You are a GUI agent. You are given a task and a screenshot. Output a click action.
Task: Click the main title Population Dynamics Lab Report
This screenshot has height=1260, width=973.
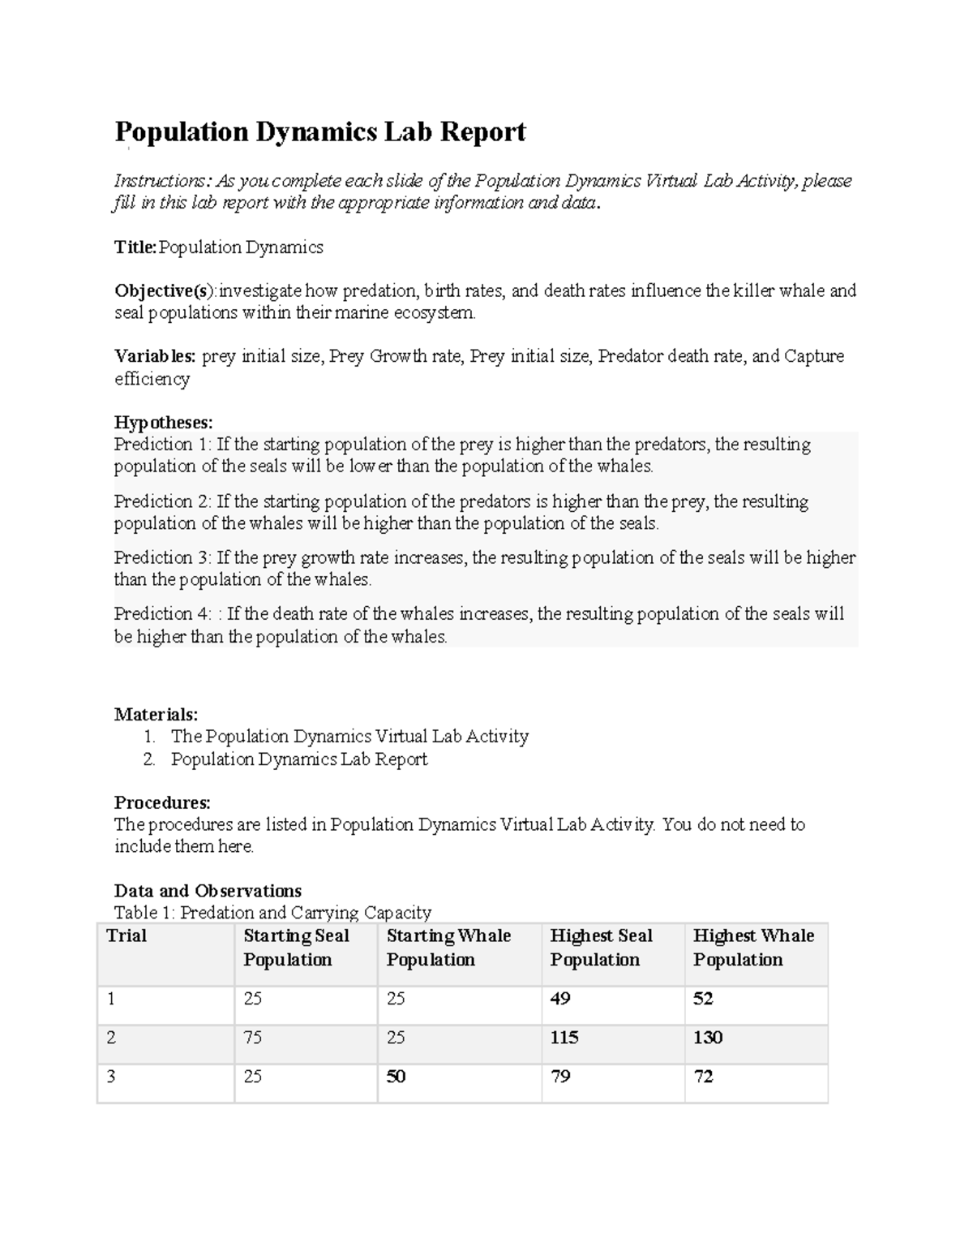click(x=319, y=131)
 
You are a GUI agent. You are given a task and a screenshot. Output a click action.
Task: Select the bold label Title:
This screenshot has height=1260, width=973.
click(x=135, y=247)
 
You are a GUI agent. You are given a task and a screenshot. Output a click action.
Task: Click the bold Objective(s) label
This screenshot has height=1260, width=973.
click(x=165, y=290)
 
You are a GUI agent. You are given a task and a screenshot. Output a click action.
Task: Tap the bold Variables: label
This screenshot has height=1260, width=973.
click(x=155, y=356)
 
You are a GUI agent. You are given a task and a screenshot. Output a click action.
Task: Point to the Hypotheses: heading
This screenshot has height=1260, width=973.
click(x=163, y=422)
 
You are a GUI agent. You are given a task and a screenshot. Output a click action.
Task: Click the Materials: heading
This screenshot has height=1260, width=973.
click(x=156, y=714)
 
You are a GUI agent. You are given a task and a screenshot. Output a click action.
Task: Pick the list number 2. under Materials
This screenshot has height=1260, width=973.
click(x=148, y=759)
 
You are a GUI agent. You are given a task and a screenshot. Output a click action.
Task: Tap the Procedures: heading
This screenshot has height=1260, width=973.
click(x=162, y=802)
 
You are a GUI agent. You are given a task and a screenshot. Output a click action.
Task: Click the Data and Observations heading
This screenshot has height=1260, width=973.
click(x=208, y=890)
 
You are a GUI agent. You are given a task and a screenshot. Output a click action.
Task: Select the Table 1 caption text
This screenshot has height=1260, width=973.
click(x=272, y=913)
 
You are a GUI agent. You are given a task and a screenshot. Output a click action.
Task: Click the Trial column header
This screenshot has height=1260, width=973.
click(x=126, y=935)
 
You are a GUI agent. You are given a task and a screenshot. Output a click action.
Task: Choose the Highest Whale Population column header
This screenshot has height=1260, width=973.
click(x=753, y=948)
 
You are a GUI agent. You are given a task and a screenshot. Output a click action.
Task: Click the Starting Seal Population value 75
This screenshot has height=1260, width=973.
click(x=253, y=1038)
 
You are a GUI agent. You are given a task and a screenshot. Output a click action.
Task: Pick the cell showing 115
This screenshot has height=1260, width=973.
click(x=564, y=1038)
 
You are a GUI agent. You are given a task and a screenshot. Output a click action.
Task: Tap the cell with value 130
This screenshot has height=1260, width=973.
click(x=708, y=1038)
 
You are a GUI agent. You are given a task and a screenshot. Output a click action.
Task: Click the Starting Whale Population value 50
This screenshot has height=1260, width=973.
click(x=396, y=1077)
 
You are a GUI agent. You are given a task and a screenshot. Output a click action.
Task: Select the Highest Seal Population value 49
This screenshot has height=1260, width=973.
click(x=560, y=999)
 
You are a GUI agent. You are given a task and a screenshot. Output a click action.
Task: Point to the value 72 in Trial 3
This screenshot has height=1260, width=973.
click(x=703, y=1077)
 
